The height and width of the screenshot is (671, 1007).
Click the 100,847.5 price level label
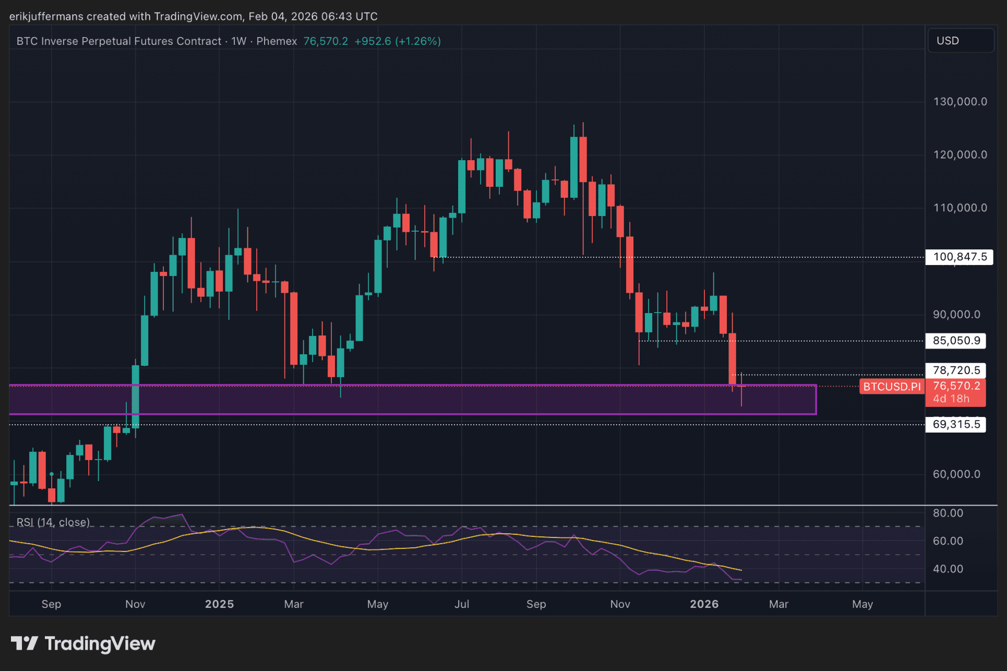coord(959,257)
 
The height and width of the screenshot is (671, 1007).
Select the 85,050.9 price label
coord(956,341)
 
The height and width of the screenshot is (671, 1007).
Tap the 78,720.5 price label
coord(956,370)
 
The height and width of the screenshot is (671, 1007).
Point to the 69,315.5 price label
coord(956,424)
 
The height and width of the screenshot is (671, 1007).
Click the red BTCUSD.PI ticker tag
coord(892,387)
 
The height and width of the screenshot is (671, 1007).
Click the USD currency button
coord(960,41)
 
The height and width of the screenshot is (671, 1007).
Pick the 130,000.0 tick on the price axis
coord(960,102)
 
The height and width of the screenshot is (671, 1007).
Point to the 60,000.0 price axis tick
coord(956,474)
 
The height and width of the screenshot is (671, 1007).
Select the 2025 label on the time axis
coord(219,604)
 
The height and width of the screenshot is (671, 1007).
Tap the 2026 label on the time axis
coord(704,604)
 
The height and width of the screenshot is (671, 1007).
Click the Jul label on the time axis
coord(462,604)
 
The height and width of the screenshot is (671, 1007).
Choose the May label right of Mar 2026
coord(862,604)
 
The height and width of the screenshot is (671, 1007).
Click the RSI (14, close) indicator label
coord(53,522)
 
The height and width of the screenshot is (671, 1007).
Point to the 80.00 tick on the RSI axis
coord(948,513)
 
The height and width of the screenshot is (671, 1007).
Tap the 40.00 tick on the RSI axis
coord(948,569)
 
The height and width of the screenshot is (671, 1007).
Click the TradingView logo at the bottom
coord(83,643)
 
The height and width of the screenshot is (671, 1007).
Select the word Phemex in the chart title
coord(277,41)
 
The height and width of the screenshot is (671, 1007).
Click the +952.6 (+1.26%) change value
coord(398,41)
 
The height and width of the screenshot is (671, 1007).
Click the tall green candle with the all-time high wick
coord(574,167)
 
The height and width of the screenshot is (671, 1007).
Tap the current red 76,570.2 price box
coord(956,392)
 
